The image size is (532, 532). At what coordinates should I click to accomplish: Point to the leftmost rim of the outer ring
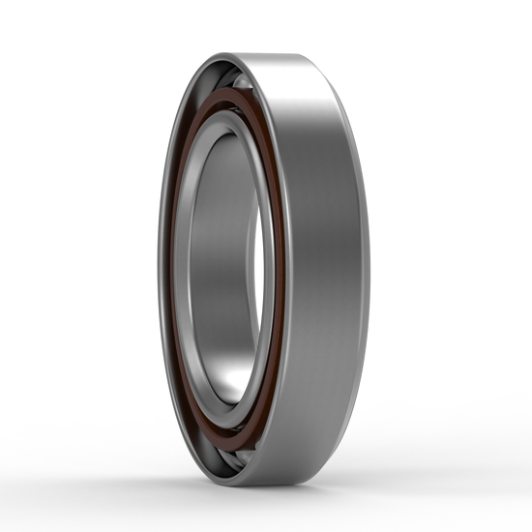(x=161, y=271)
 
